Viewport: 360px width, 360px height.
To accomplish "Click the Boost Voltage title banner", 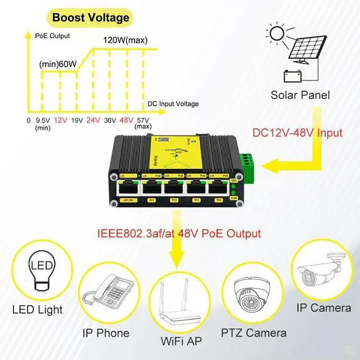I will click(x=91, y=17).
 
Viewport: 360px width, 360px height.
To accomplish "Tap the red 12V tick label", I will click(x=61, y=120).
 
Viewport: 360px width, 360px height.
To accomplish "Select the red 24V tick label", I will click(x=93, y=120).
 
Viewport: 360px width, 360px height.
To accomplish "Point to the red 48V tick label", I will click(x=126, y=120).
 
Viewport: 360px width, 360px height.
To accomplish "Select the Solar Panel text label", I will click(x=300, y=95).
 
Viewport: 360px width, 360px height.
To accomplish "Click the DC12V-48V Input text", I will click(x=297, y=133).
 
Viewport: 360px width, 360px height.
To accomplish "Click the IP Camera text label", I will click(x=323, y=309).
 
